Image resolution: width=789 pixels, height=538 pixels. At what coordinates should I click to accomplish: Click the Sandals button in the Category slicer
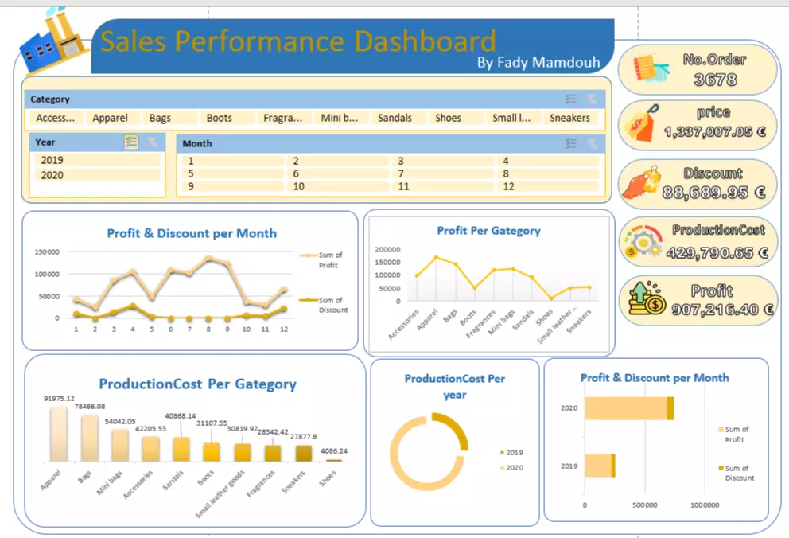[x=395, y=118]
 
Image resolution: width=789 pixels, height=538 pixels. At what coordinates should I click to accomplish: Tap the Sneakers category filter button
[x=570, y=118]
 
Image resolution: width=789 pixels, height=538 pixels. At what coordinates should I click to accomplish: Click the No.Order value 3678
[x=714, y=80]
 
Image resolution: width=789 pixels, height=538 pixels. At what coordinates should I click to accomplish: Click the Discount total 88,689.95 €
[x=714, y=192]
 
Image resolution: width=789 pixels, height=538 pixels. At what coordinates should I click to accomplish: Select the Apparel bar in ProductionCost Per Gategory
[x=58, y=433]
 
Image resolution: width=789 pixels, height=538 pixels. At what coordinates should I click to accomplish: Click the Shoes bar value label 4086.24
[x=334, y=450]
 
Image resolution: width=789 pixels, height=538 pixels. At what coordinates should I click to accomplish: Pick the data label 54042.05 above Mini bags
[x=121, y=422]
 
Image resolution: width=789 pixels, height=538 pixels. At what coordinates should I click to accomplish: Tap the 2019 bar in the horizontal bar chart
[x=600, y=466]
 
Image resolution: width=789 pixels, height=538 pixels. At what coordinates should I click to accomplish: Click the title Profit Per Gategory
[x=488, y=231]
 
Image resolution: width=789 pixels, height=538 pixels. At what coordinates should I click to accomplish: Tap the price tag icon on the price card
[x=642, y=123]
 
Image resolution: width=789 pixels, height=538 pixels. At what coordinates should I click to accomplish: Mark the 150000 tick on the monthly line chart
[x=48, y=251]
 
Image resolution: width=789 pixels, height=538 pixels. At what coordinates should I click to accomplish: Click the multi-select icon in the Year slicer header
[x=131, y=142]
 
